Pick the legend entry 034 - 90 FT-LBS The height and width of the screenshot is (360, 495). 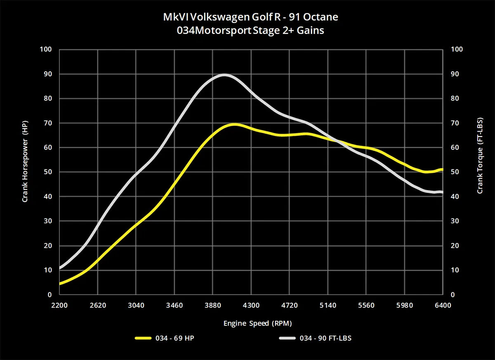pos(315,338)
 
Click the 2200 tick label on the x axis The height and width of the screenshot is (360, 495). pos(59,305)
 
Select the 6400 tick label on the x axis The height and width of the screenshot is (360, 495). pos(443,305)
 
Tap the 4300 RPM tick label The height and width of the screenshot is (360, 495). pos(251,305)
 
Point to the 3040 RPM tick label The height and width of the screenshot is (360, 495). pos(136,305)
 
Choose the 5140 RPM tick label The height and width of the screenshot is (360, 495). pos(328,305)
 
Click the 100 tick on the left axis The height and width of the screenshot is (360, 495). pos(47,49)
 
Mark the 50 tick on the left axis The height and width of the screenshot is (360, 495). pos(49,172)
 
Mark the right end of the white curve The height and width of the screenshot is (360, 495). pos(442,192)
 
